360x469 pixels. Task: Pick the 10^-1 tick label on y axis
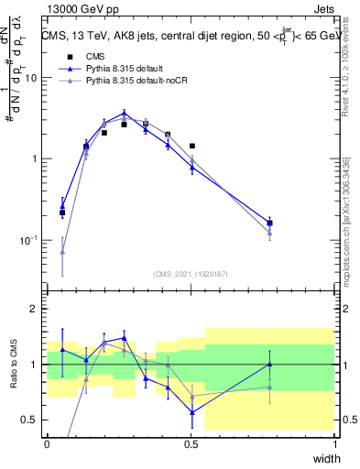27,240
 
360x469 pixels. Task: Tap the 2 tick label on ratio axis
34,309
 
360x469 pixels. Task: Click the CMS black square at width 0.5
192,146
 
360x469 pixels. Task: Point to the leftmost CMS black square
62,213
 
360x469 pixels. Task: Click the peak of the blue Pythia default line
124,114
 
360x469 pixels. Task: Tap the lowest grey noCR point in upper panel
62,251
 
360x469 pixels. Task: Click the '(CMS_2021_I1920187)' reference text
191,274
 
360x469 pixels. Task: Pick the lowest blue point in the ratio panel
192,412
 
